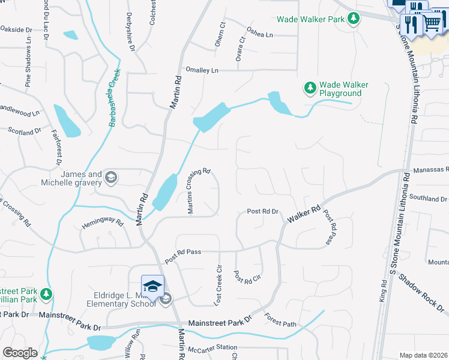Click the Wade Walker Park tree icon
(354, 19)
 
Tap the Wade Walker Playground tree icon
(310, 89)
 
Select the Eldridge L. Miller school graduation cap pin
(152, 285)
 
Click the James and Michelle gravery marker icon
(110, 177)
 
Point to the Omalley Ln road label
(202, 70)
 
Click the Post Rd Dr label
(264, 212)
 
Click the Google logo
(20, 353)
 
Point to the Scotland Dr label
(25, 130)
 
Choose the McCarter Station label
(212, 348)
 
